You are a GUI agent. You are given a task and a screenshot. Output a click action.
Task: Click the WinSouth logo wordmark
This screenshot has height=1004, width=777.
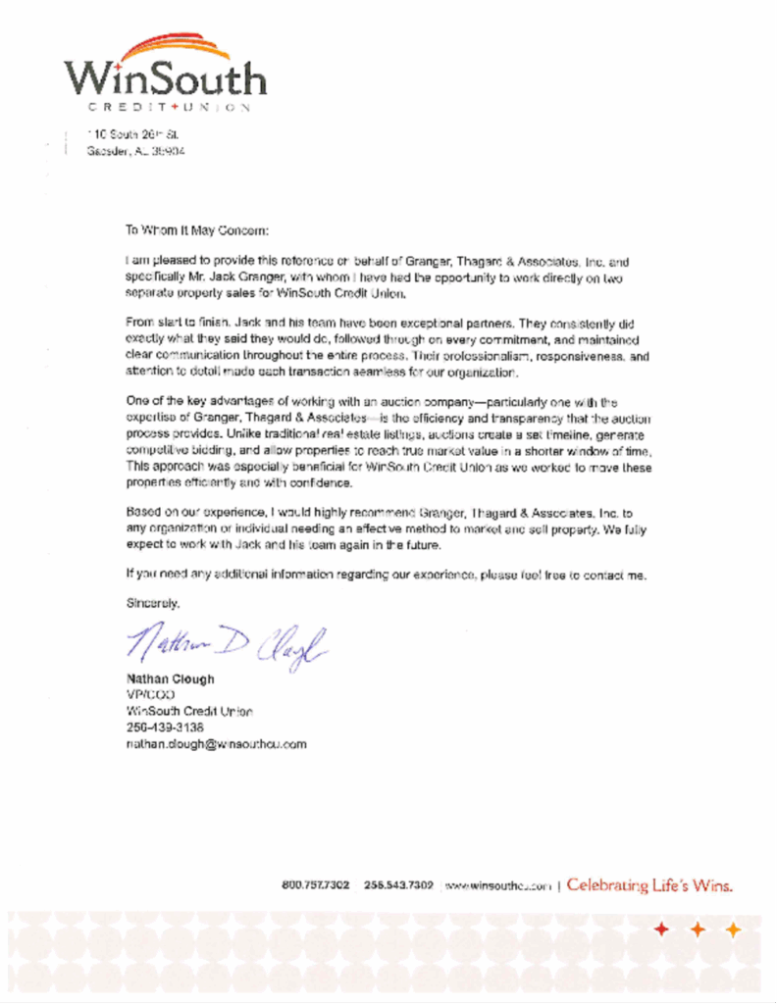point(165,78)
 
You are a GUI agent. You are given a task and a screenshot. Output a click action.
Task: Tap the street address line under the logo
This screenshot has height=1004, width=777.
point(132,133)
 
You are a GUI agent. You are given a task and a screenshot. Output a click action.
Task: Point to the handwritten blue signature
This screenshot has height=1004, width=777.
point(224,643)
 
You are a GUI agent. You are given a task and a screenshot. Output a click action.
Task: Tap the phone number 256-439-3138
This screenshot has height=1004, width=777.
point(165,728)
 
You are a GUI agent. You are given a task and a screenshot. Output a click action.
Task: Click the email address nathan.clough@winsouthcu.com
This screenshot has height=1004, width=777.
point(216,744)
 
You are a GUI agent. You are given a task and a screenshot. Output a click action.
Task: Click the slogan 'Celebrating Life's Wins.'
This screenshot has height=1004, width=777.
point(649,886)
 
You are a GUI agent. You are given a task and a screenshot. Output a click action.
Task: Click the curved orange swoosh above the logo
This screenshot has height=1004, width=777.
point(177,46)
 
